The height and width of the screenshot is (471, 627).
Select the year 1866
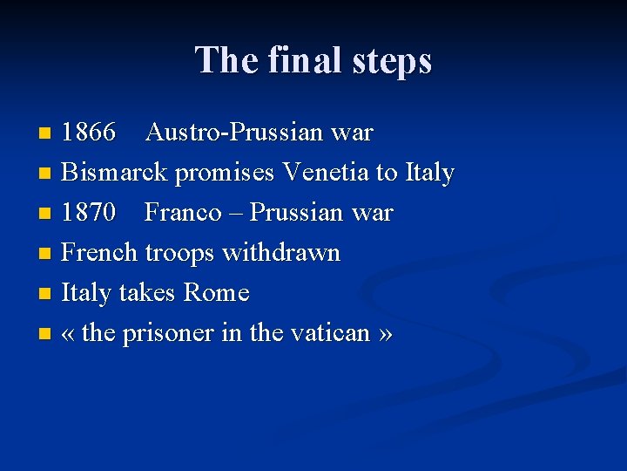(89, 133)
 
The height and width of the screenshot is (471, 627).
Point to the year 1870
(89, 213)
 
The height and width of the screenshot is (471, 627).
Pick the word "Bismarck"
(115, 173)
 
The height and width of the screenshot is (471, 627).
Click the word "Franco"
(183, 213)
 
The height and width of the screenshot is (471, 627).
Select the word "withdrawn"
(281, 253)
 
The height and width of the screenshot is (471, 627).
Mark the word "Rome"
(217, 293)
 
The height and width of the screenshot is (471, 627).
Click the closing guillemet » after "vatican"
(385, 334)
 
